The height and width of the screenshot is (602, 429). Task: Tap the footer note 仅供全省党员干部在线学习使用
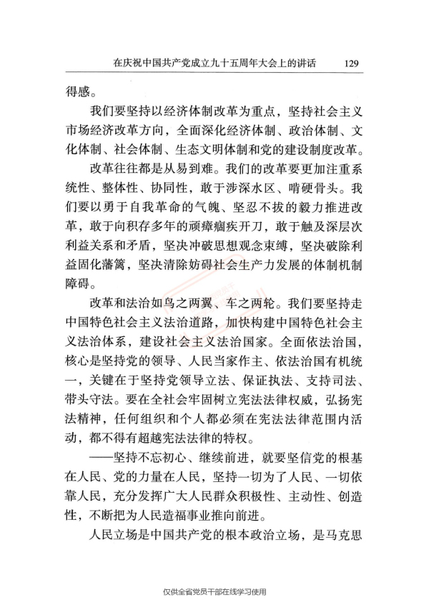(214, 591)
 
